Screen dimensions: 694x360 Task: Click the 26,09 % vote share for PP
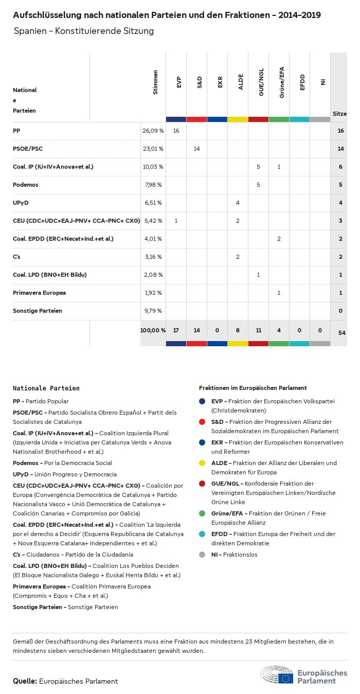(153, 131)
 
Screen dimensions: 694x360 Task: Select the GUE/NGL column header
(261, 85)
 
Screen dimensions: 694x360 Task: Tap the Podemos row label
(26, 185)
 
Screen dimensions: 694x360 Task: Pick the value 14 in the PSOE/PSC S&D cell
(196, 149)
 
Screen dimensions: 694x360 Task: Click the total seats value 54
(342, 333)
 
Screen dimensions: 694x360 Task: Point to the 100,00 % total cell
(153, 330)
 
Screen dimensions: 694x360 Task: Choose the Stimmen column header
(155, 82)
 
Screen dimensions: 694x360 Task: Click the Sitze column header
(339, 114)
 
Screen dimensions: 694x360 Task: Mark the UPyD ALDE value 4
(238, 203)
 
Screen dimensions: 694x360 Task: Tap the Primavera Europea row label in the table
(39, 293)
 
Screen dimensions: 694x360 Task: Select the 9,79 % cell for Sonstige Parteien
(153, 311)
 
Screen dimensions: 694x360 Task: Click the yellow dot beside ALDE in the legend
(202, 463)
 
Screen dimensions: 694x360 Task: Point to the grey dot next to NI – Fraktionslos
(202, 555)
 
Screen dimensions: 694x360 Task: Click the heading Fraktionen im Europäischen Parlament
(253, 388)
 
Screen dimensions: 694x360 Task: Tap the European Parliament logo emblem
(277, 674)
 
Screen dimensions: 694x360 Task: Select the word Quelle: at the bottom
(25, 681)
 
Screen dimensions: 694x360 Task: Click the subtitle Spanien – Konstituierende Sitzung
(84, 31)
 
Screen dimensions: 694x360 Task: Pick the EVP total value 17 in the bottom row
(176, 330)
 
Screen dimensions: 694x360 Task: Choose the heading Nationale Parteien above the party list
(46, 388)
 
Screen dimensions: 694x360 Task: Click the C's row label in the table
(16, 257)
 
